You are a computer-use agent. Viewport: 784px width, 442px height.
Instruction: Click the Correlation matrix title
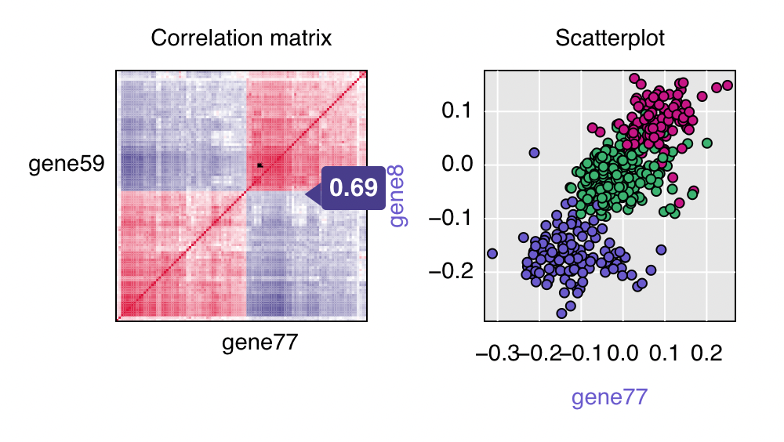point(241,38)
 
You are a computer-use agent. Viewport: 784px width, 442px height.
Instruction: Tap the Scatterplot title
point(610,38)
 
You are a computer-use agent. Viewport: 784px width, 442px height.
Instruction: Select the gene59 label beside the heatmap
point(67,165)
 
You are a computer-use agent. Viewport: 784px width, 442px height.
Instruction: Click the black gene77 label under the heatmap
point(260,342)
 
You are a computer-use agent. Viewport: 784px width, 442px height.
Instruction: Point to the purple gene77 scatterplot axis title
point(610,397)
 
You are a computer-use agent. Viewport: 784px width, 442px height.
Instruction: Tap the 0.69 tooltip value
point(354,188)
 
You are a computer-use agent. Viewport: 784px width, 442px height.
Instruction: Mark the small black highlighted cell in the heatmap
point(260,165)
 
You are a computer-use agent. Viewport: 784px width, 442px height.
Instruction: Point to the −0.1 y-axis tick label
point(450,218)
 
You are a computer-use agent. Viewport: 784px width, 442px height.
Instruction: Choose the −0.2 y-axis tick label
point(450,271)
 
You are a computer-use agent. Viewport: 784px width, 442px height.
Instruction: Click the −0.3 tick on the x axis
point(497,354)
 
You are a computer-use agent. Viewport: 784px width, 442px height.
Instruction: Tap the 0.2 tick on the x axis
point(706,354)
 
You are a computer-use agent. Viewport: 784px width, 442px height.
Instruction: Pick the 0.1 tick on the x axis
point(665,354)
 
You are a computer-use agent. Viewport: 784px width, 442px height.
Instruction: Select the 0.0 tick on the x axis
point(623,354)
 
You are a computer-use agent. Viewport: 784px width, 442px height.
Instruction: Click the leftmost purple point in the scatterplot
point(492,253)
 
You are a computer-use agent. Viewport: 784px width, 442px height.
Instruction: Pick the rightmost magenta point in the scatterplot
point(728,85)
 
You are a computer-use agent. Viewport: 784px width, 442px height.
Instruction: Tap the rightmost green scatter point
point(707,143)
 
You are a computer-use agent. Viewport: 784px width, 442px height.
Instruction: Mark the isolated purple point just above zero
point(535,153)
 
